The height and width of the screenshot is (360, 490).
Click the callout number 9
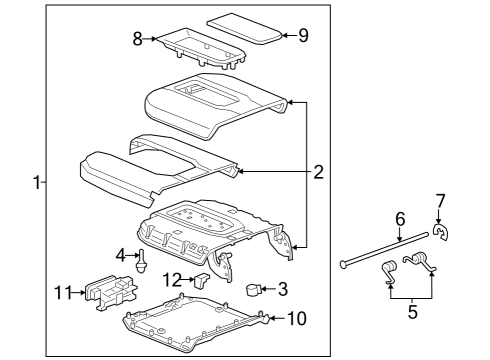pyautogui.click(x=303, y=35)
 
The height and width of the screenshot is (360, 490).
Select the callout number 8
pyautogui.click(x=138, y=39)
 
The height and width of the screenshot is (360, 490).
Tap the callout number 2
pyautogui.click(x=318, y=172)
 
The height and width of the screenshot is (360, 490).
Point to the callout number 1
pyautogui.click(x=37, y=183)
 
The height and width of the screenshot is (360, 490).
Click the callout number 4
pyautogui.click(x=121, y=256)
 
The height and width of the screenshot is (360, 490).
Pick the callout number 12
pyautogui.click(x=171, y=280)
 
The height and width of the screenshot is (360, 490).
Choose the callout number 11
pyautogui.click(x=63, y=293)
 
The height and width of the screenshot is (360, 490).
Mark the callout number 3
pyautogui.click(x=283, y=289)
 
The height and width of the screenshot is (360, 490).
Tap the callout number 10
pyautogui.click(x=297, y=318)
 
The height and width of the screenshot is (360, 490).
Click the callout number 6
pyautogui.click(x=400, y=219)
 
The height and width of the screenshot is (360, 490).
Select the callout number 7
pyautogui.click(x=440, y=201)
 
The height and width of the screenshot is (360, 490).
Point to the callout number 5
pyautogui.click(x=412, y=312)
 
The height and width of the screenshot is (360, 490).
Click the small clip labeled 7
pyautogui.click(x=441, y=232)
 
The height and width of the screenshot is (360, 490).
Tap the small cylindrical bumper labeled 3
pyautogui.click(x=253, y=289)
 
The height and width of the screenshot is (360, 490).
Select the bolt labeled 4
pyautogui.click(x=141, y=262)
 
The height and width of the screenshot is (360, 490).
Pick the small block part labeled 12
pyautogui.click(x=201, y=280)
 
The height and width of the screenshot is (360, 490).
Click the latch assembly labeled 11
pyautogui.click(x=111, y=292)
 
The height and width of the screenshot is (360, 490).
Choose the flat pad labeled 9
pyautogui.click(x=245, y=28)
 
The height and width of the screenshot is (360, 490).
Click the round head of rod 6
pyautogui.click(x=343, y=264)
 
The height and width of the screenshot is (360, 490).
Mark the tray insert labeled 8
pyautogui.click(x=201, y=49)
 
